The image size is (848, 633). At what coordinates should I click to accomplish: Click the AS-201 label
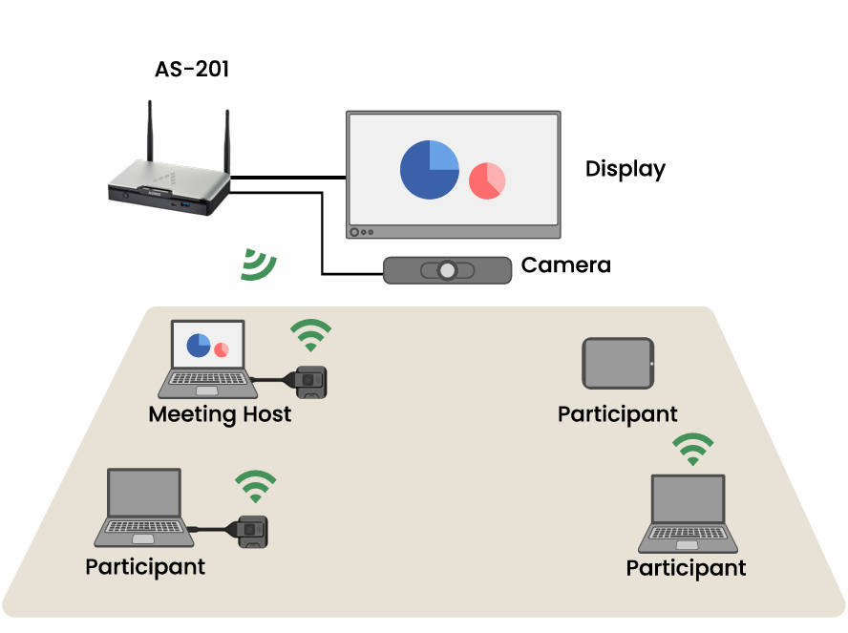[192, 70]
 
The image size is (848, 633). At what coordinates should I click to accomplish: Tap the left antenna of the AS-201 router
[150, 134]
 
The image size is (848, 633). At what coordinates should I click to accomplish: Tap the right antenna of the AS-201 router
[228, 141]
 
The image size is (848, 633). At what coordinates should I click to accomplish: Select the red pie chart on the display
[487, 179]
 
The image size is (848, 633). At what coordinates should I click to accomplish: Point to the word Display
[625, 169]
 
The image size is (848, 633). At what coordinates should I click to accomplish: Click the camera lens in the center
[447, 271]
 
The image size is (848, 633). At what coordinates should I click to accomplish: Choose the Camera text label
[565, 265]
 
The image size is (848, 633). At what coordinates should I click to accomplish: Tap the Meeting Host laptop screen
[207, 345]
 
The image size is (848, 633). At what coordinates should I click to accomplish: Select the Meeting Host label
[220, 415]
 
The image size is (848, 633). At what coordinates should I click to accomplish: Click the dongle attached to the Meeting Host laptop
[310, 381]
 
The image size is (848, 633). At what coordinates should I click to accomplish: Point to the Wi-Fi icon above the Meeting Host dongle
[311, 335]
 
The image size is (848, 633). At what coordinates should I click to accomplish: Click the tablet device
[619, 364]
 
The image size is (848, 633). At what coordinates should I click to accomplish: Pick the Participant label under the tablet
[617, 414]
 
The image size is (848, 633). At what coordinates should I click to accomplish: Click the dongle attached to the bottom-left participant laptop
[252, 530]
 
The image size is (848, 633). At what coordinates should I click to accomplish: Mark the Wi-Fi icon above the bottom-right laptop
[692, 449]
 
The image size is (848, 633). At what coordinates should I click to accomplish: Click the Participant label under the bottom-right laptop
[686, 568]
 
